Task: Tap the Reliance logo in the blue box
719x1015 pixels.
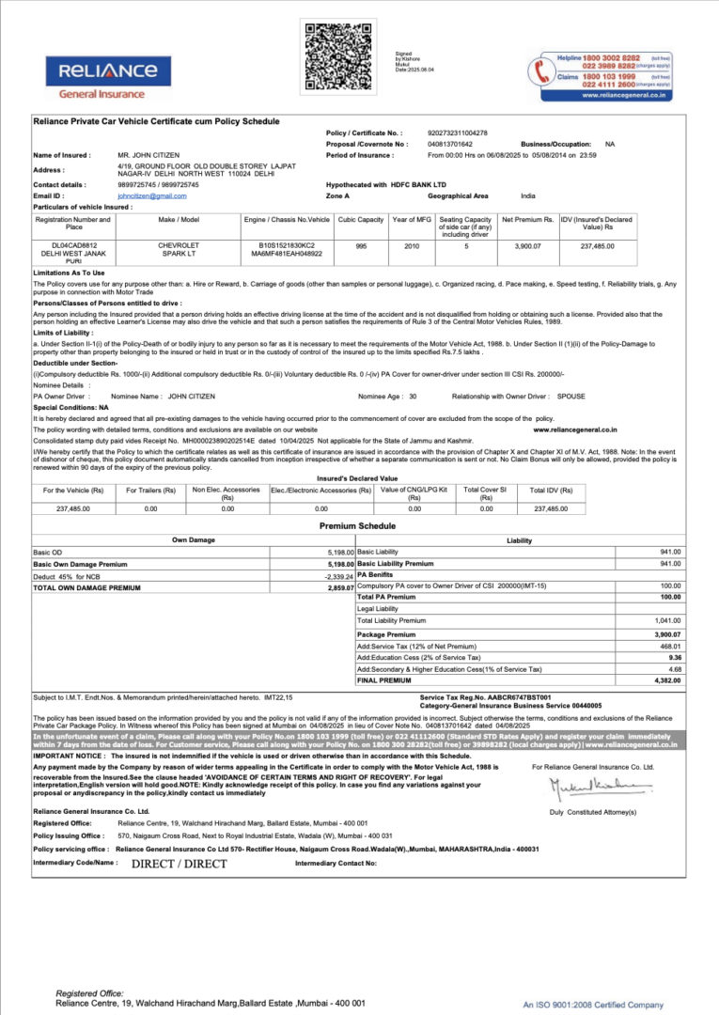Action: click(108, 70)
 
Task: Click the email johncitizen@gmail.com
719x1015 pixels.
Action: click(152, 195)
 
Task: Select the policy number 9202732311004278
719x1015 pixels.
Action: click(458, 133)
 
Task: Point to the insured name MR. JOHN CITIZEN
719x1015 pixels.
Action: click(148, 154)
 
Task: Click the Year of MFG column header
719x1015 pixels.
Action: click(411, 219)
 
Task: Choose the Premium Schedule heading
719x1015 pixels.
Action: click(357, 525)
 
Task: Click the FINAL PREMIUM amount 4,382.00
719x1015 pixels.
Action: click(669, 679)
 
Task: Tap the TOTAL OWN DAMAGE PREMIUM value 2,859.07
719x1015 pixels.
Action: click(340, 587)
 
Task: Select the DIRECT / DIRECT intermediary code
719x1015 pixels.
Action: click(179, 863)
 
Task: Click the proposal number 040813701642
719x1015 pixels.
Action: click(450, 144)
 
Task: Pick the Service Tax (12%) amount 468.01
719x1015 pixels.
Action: click(669, 647)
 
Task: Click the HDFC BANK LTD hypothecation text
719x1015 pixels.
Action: click(418, 185)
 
